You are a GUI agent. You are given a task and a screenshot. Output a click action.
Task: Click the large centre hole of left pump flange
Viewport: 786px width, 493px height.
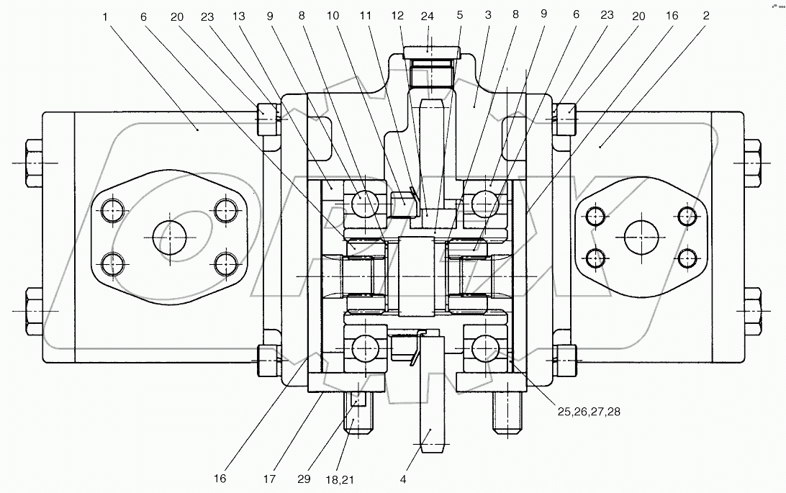(169, 237)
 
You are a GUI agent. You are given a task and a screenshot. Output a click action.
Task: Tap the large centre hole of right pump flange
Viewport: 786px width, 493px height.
(641, 237)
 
